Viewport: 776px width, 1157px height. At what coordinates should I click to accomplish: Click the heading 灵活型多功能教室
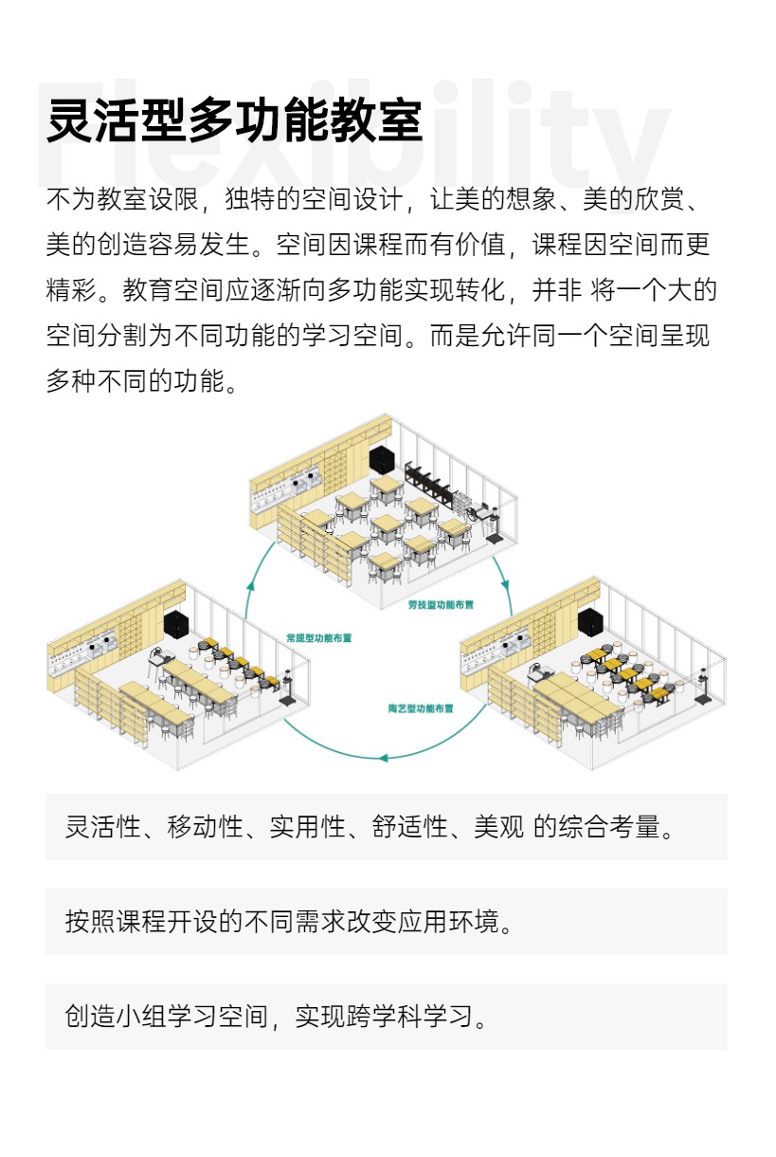(x=234, y=120)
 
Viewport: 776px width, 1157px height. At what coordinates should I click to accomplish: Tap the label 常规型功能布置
(x=319, y=638)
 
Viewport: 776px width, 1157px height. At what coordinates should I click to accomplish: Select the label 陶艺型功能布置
(x=421, y=708)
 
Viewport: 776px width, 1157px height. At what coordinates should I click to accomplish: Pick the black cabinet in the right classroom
(x=589, y=621)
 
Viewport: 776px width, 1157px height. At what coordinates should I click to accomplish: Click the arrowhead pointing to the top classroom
(x=250, y=584)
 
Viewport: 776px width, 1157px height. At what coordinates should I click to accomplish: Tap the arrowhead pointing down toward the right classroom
(x=505, y=584)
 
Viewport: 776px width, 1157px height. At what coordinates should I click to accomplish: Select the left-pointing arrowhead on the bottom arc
(x=382, y=757)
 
